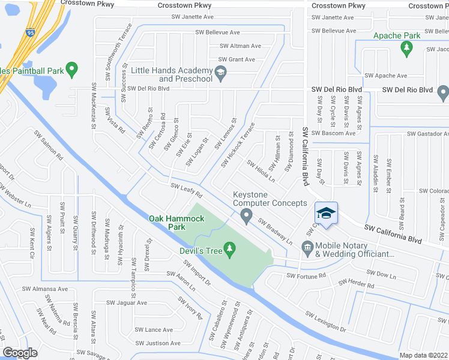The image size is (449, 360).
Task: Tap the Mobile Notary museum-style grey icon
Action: pyautogui.click(x=307, y=246)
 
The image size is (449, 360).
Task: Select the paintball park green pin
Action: pyautogui.click(x=72, y=70)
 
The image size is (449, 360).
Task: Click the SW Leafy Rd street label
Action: pyautogui.click(x=186, y=191)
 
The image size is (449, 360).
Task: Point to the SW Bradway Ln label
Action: pyautogui.click(x=275, y=230)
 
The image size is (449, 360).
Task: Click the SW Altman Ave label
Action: pyautogui.click(x=240, y=46)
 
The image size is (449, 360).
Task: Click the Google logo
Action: pyautogui.click(x=20, y=352)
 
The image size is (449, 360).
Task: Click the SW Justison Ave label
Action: pyautogui.click(x=158, y=343)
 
